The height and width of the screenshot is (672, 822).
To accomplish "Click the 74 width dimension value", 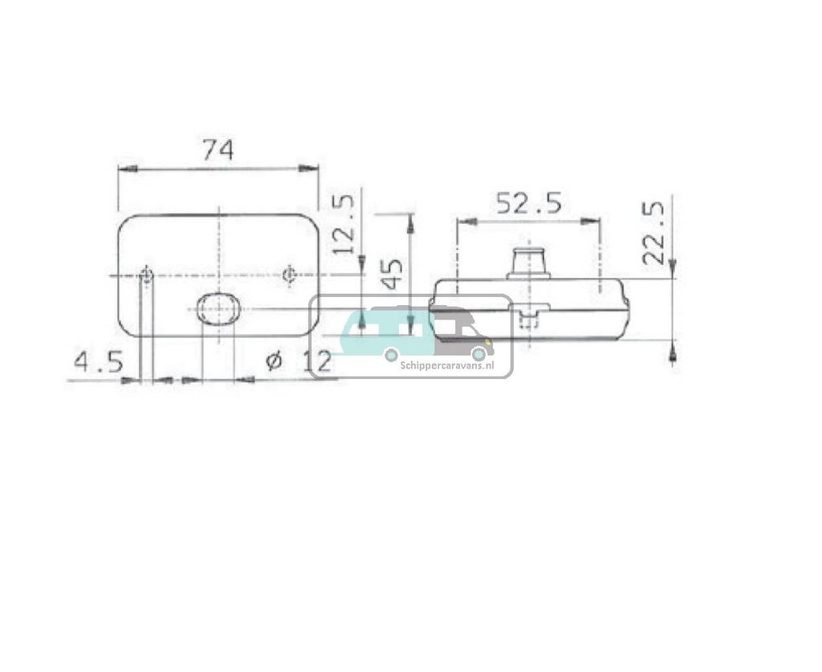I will [217, 150].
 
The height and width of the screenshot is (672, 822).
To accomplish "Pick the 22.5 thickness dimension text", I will [654, 233].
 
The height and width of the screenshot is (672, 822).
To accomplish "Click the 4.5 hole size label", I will [99, 362].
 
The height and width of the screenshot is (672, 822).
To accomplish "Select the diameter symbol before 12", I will [274, 361].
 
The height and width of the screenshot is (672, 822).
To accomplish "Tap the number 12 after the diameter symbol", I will [318, 362].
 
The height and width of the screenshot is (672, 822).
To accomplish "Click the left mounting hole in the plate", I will [146, 275].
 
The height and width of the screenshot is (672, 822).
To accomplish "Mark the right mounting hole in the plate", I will [289, 275].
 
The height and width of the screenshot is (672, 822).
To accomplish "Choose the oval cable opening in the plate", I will [217, 308].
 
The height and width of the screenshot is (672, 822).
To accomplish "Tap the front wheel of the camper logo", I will [478, 353].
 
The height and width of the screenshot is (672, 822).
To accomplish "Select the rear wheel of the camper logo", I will [391, 354].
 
